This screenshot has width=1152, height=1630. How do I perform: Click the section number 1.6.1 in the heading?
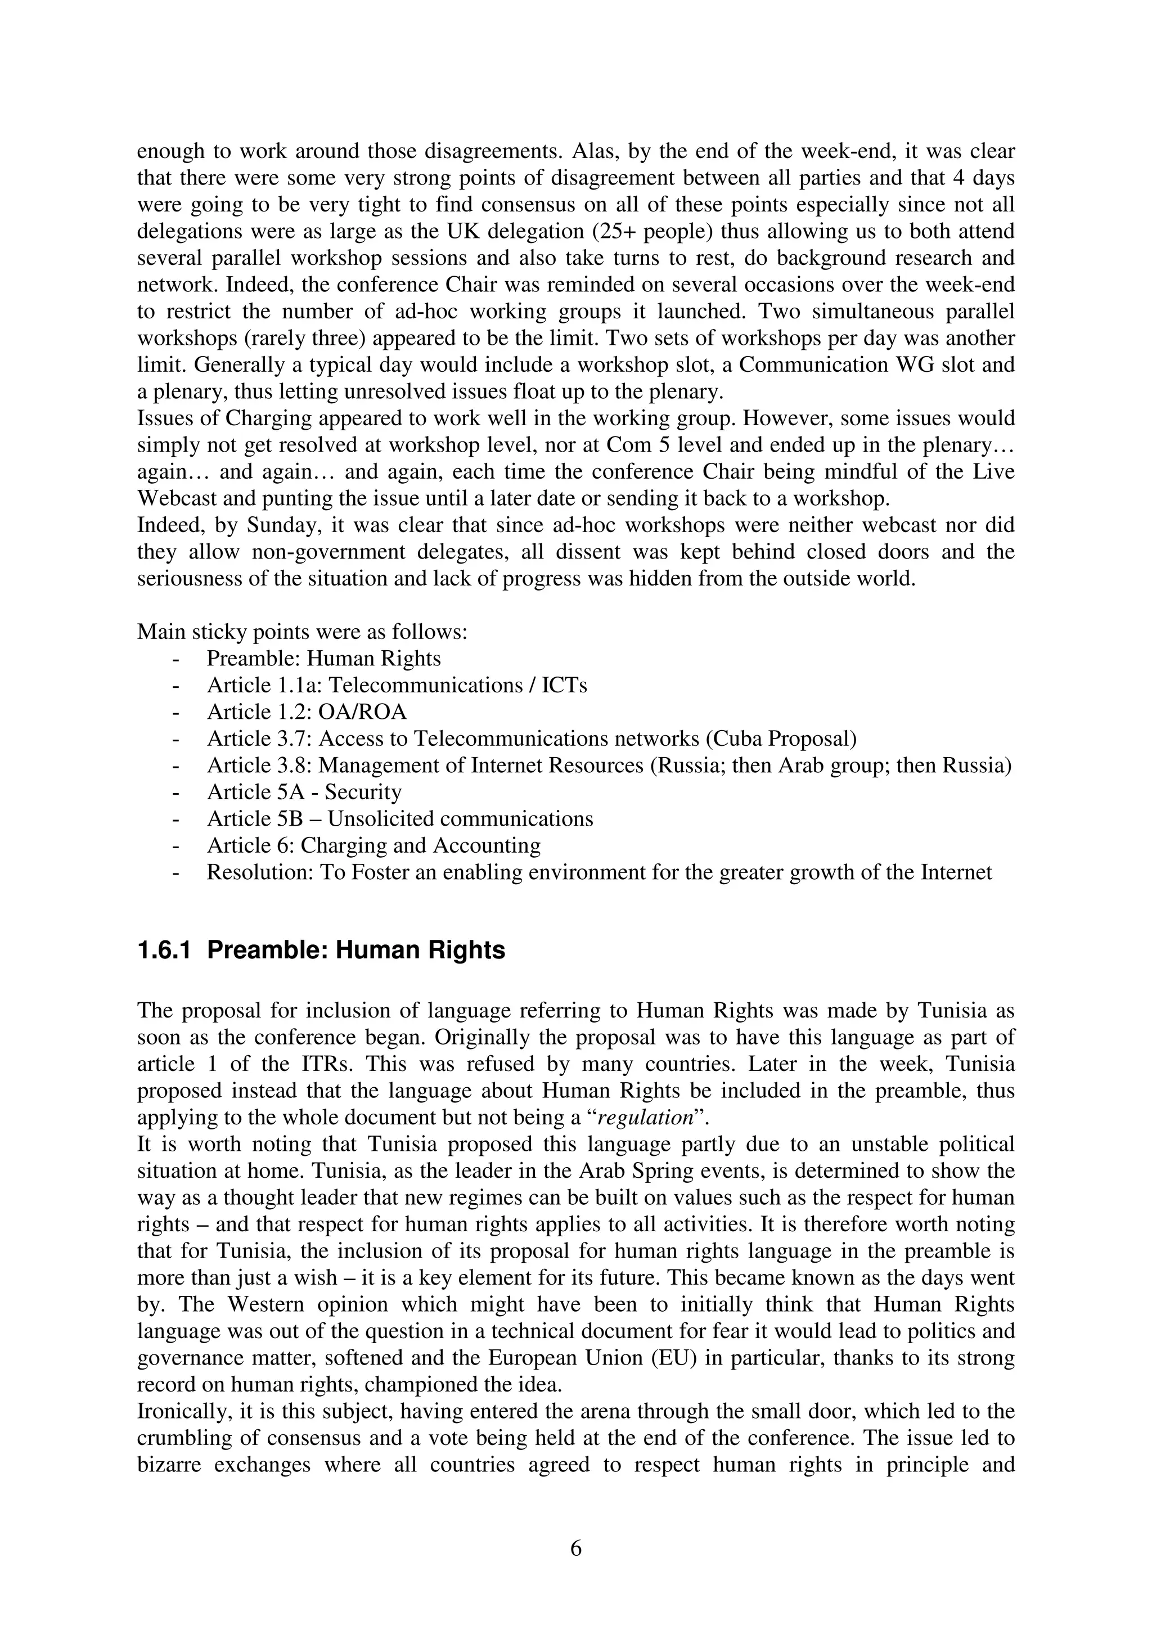click(164, 950)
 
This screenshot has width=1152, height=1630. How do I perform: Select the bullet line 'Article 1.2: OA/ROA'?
click(307, 712)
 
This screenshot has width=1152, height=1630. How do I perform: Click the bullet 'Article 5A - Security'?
click(304, 793)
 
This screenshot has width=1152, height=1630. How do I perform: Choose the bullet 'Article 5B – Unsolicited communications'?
click(399, 819)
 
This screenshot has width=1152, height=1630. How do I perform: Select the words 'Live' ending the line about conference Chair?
click(994, 472)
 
